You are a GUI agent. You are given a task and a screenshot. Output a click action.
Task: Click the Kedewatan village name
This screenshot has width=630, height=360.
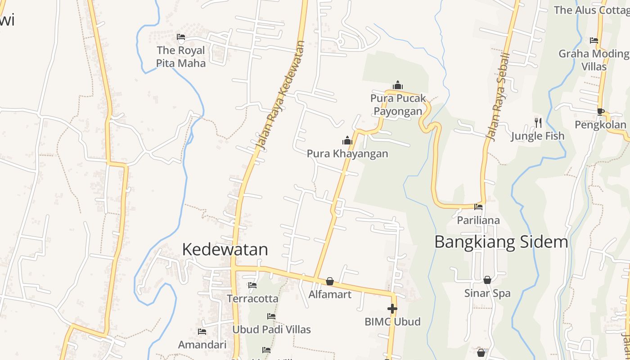pos(225,249)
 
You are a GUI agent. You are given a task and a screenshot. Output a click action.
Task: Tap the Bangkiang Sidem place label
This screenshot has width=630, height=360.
pos(501,242)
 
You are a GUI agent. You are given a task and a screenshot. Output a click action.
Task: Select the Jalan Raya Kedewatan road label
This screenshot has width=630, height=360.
pos(280,95)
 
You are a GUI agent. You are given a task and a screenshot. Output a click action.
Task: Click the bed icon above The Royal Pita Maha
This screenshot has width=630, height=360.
pos(181,37)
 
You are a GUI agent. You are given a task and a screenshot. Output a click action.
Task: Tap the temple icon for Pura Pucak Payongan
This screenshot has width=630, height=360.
pos(398,85)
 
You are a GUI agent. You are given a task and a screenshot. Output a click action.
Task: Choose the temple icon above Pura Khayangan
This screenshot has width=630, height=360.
pos(347,140)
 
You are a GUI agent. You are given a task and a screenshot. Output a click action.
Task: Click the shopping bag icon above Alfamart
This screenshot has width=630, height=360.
pos(330,281)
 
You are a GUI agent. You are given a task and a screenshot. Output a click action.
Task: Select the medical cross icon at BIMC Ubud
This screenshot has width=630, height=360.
pos(392,309)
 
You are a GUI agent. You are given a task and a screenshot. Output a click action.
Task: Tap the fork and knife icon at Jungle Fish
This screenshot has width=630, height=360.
pos(538,122)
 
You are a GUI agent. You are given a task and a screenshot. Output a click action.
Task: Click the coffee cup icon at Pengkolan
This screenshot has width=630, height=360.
pos(600,111)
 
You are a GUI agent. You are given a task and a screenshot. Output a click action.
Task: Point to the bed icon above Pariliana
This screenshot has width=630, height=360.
pos(478,207)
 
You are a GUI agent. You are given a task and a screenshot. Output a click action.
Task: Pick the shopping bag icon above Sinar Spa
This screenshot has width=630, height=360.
pos(487,280)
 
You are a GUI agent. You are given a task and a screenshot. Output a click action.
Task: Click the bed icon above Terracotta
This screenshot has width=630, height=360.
pos(252,285)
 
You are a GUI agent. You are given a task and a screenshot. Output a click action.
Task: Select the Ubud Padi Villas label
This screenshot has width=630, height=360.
pos(271,329)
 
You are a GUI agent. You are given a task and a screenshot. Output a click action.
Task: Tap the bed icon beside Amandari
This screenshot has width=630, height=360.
pos(202,332)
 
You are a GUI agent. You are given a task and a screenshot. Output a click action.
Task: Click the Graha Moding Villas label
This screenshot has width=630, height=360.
pos(594,60)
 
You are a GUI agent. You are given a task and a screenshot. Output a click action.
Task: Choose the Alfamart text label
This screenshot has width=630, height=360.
pos(330,294)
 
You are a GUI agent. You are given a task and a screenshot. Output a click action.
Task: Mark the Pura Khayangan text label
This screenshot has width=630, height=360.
pos(347,153)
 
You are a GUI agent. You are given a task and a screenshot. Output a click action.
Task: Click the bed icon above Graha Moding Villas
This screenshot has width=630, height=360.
pos(594,40)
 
